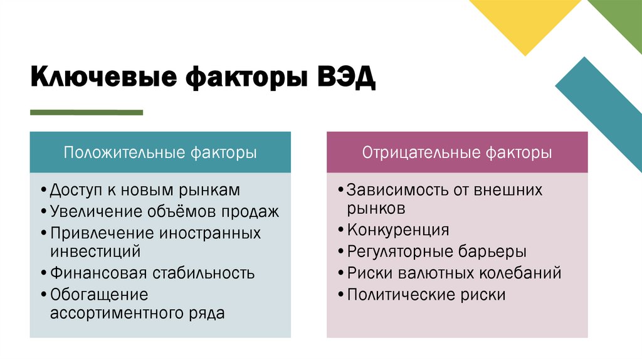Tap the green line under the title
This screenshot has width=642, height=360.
[x=87, y=112]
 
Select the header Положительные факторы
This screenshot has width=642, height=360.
[x=160, y=152]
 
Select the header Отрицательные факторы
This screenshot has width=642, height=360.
[x=457, y=152]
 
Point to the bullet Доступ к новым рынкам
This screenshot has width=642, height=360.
[x=144, y=189]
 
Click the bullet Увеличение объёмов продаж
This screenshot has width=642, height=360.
[x=164, y=211]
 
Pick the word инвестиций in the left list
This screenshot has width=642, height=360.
[x=95, y=251]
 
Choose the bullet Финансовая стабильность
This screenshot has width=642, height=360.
[x=152, y=273]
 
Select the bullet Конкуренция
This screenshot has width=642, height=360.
[x=398, y=230]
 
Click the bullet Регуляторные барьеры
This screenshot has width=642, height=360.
[x=436, y=251]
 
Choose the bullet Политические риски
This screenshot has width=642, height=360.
[x=426, y=294]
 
